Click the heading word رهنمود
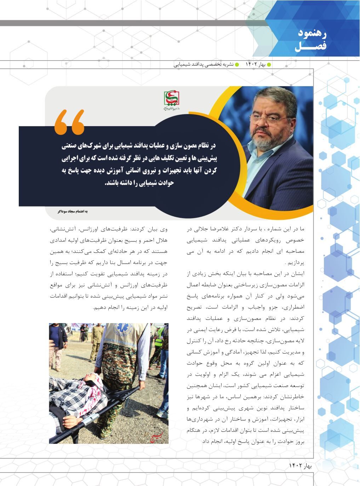[312, 34]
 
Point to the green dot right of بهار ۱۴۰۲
[269, 64]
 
